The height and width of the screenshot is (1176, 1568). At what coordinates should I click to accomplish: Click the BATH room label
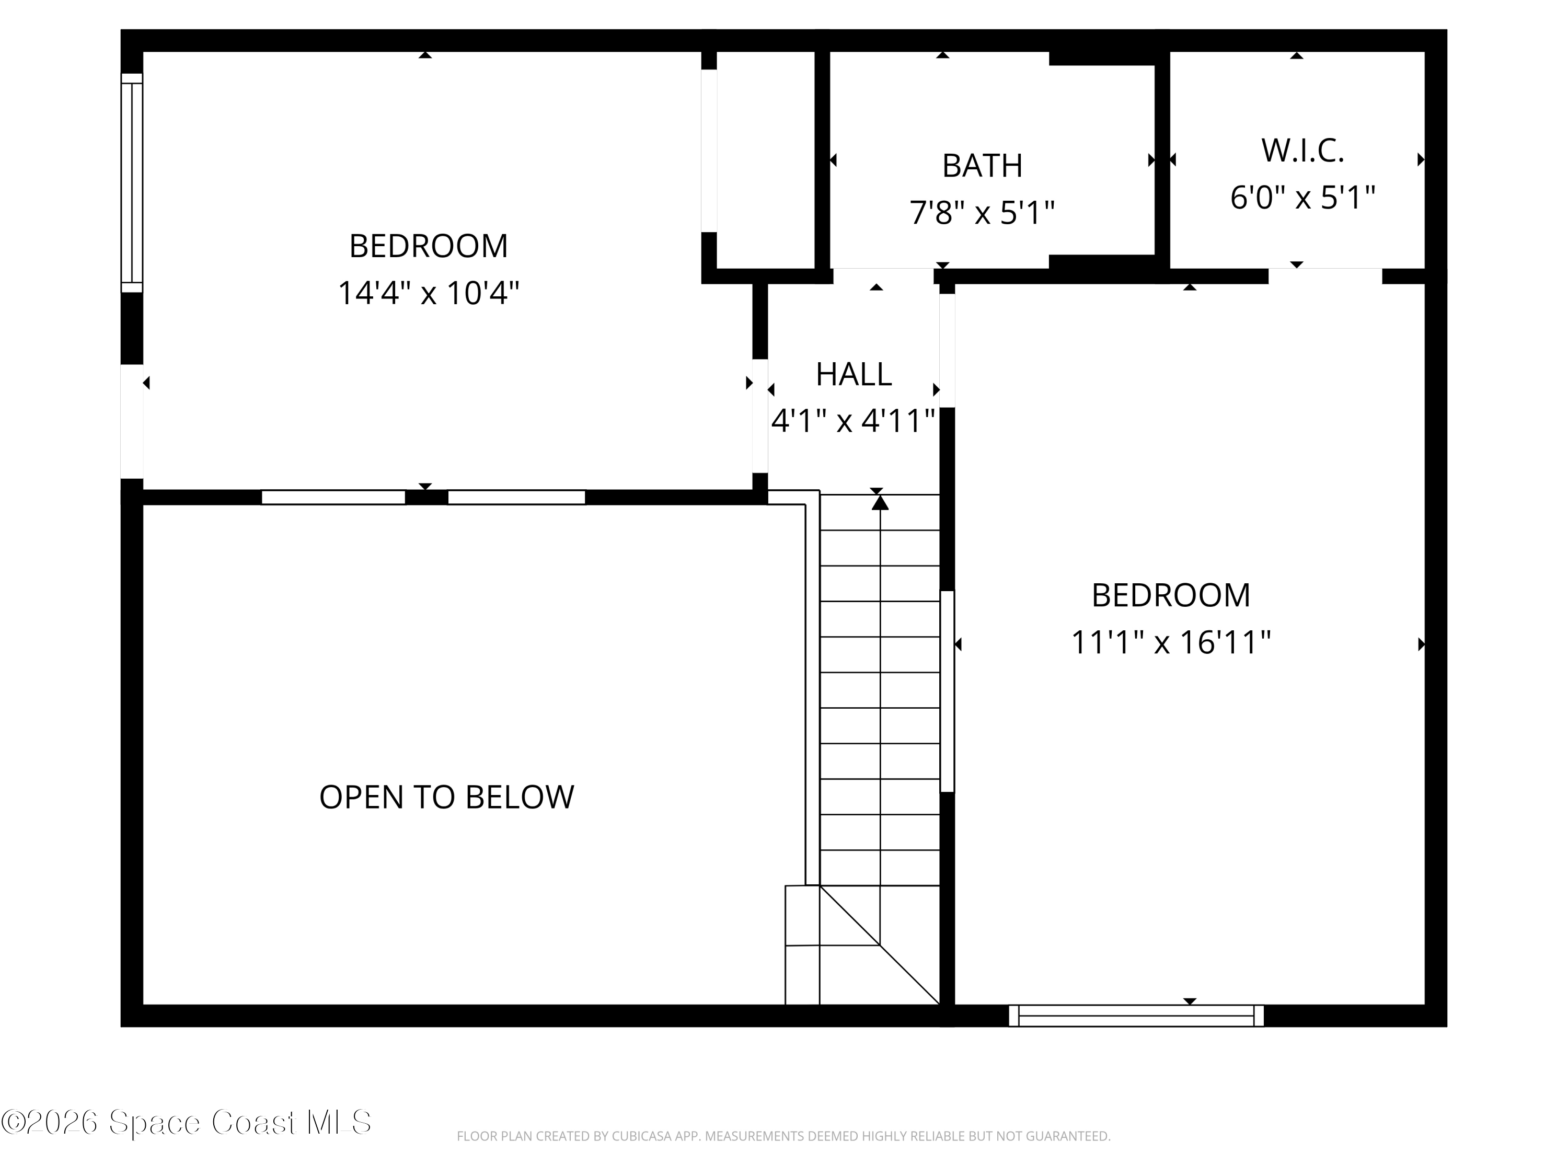pos(982,166)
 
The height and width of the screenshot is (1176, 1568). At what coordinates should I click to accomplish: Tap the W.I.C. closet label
pos(1302,151)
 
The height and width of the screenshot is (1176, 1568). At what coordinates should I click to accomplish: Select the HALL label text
pos(854,374)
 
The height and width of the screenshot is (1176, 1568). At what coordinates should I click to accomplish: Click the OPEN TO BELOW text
pos(446,797)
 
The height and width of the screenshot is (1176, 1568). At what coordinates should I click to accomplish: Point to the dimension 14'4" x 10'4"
pos(428,293)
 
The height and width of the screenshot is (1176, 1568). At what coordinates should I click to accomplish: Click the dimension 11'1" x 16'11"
pos(1170,642)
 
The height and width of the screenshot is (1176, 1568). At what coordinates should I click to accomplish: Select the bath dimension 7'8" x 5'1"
pos(982,212)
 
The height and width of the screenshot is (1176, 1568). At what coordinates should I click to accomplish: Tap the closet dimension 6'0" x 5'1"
pos(1302,197)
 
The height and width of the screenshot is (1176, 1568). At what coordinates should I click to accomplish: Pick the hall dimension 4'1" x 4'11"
pos(854,421)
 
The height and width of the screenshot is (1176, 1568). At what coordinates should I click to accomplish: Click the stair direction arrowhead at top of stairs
pos(880,503)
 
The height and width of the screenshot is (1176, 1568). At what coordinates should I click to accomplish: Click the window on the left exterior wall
pos(132,183)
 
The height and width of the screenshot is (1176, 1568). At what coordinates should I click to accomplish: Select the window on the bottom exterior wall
pos(1136,1015)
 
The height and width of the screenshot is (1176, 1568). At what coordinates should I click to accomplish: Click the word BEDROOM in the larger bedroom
pos(1170,595)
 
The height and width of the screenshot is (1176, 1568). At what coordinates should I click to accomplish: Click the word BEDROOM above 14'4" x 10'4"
pos(428,246)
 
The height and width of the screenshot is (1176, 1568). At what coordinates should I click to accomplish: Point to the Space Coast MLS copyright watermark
pos(186,1122)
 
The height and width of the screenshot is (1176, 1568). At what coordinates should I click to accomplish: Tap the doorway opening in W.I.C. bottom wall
pos(1325,276)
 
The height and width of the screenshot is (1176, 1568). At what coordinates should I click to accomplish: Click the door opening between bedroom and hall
pos(760,416)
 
